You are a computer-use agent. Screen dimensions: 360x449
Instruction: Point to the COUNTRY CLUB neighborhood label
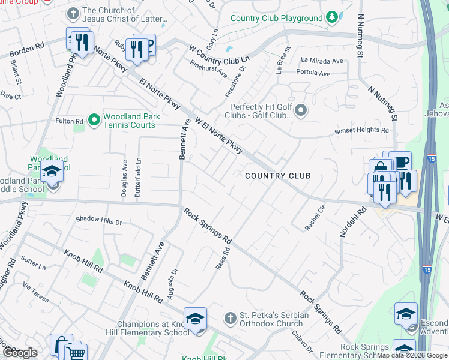278,176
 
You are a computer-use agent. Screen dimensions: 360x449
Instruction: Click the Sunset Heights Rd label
361,130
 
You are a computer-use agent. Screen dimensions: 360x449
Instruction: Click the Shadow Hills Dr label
99,221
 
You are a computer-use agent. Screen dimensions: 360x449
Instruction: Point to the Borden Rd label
28,46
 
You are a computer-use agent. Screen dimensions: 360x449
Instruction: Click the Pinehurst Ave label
208,69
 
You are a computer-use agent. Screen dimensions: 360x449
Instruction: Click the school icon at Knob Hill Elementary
195,319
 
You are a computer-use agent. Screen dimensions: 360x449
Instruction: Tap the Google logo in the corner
20,353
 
